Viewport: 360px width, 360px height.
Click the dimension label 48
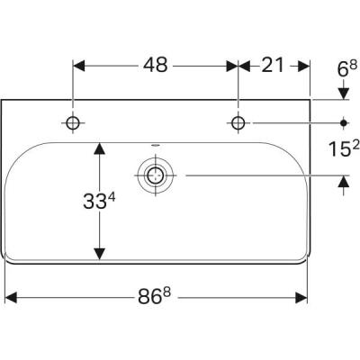pos(155,66)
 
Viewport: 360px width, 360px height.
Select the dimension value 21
pos(273,66)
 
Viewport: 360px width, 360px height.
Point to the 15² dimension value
pos(342,148)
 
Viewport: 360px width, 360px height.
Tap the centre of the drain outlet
pos(155,175)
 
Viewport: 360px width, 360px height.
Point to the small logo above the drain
pos(155,144)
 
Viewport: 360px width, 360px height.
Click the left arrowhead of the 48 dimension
pos(78,66)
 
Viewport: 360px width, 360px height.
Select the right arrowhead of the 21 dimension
pos(303,66)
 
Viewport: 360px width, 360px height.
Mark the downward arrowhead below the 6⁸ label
pos(344,93)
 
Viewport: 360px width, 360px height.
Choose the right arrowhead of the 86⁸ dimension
pos(303,295)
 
